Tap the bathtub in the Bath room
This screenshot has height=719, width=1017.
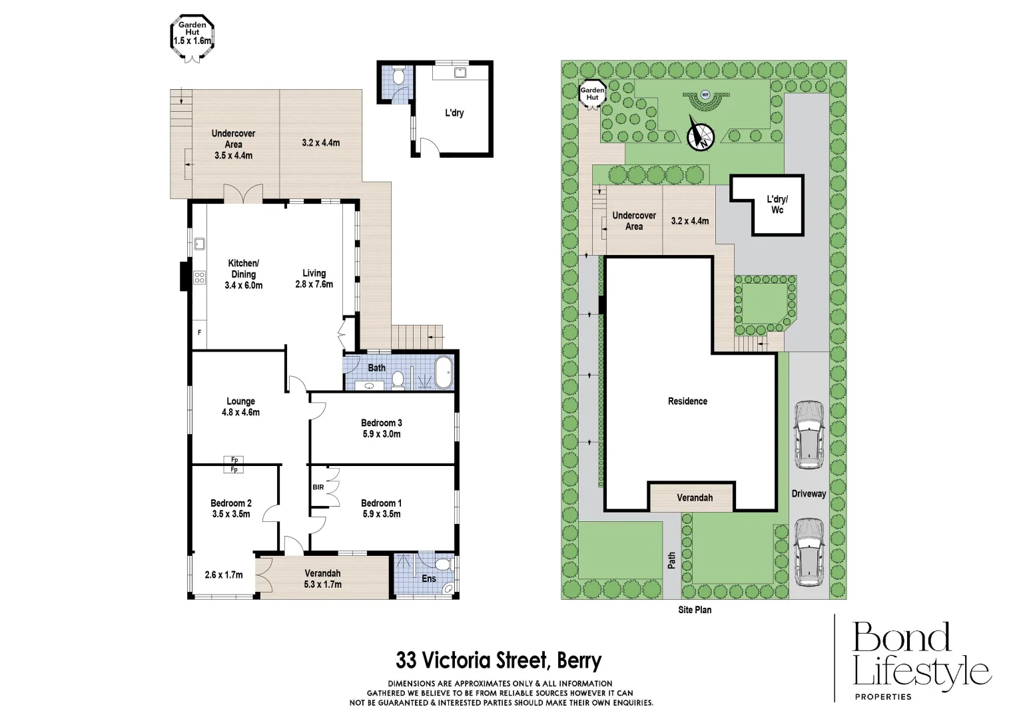click(x=444, y=372)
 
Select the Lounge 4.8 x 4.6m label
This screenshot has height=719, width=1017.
click(x=240, y=407)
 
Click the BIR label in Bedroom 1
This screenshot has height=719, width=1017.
click(x=318, y=487)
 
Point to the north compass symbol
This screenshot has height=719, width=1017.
click(x=701, y=133)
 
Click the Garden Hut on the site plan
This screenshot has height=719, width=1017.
click(x=593, y=95)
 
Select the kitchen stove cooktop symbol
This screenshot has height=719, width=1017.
click(x=199, y=278)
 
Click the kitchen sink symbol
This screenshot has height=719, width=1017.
click(x=199, y=244)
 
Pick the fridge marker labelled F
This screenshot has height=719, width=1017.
click(x=199, y=333)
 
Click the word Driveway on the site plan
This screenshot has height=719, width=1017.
click(x=809, y=493)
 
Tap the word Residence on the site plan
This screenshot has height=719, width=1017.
click(x=687, y=401)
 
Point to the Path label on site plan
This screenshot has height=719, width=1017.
click(x=671, y=560)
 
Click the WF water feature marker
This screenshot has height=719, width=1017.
click(x=705, y=95)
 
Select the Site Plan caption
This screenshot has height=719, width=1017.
click(x=695, y=610)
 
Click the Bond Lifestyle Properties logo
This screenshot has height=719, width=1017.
click(x=922, y=661)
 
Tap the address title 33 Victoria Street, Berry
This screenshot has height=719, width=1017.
click(x=499, y=661)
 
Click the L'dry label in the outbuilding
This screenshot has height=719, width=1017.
click(x=454, y=113)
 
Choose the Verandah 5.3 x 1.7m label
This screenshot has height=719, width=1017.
click(x=322, y=579)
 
